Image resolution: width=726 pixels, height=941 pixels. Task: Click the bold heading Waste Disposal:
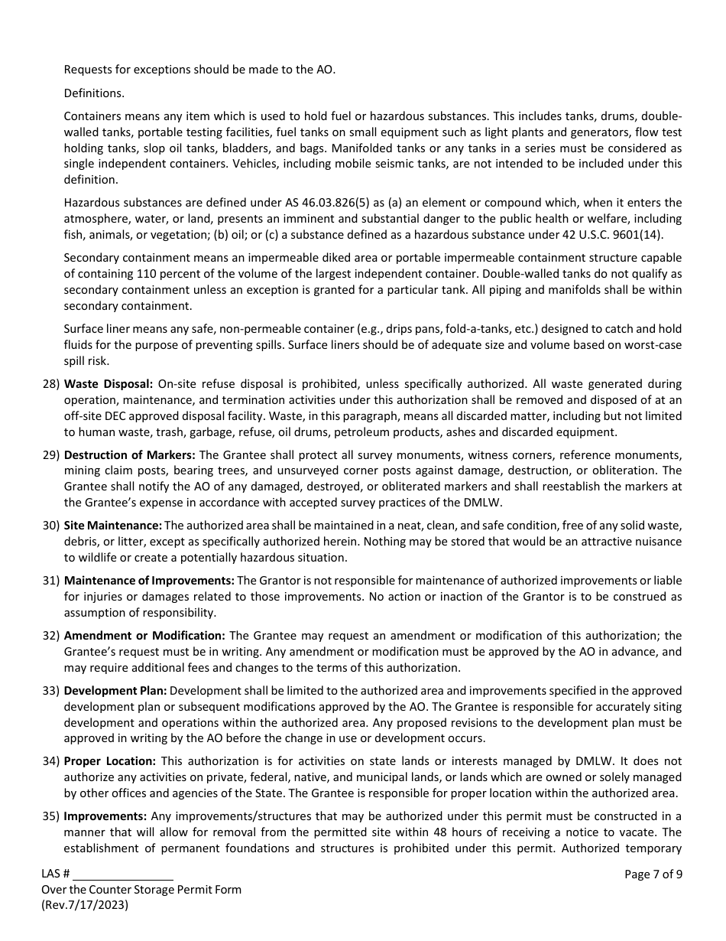109,384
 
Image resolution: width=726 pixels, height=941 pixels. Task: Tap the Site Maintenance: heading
112,526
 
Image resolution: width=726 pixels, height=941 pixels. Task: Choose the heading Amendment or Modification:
144,636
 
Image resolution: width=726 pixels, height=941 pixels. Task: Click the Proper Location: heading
110,761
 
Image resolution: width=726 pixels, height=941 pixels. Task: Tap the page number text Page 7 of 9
653,874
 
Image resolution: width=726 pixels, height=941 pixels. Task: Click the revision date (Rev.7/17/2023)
85,904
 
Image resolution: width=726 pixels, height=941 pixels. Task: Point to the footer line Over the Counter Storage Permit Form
141,889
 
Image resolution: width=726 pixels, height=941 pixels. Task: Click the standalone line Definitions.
94,93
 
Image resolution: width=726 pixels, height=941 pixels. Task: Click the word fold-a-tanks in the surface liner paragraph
518,329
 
